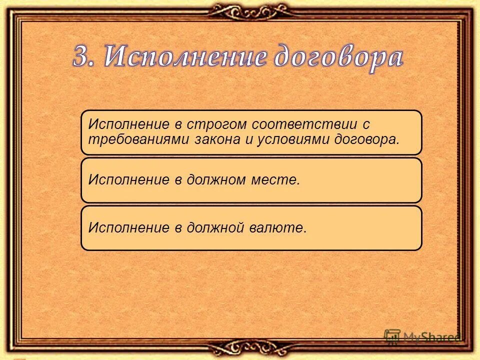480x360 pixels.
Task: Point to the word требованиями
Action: coord(137,139)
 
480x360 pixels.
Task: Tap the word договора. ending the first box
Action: coord(366,139)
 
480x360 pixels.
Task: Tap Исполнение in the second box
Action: coord(129,179)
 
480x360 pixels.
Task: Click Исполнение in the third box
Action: coord(129,228)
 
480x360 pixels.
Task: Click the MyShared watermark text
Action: coord(432,337)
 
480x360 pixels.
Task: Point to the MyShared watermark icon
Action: coord(392,336)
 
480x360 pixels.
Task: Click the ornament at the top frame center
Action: coord(240,9)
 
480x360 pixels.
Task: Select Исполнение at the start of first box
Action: coord(129,123)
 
